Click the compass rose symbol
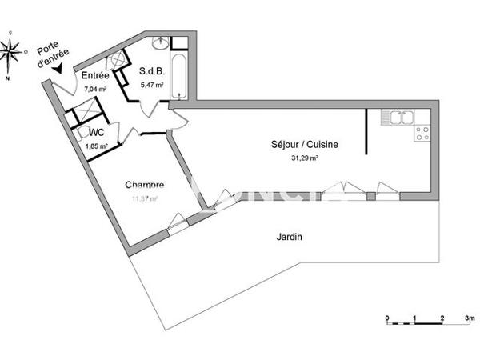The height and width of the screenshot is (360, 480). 11,53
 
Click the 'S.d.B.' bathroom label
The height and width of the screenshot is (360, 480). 154,70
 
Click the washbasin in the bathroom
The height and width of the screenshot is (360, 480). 159,41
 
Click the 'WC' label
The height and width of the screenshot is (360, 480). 97,132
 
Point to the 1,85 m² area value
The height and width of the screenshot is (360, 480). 97,146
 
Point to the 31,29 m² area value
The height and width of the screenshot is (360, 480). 303,158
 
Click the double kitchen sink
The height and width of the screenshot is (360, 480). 397,118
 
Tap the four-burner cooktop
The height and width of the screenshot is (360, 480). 422,134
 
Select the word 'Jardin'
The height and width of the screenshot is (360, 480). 290,237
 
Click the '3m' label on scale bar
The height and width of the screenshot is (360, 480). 470,318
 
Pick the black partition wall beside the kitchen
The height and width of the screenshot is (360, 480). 366,133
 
